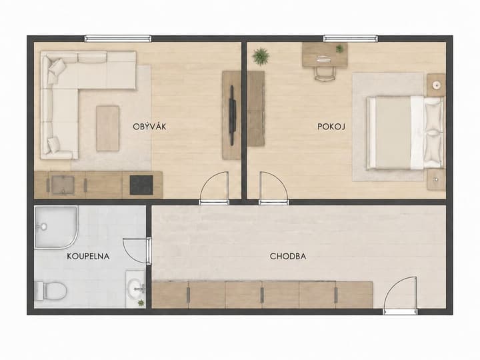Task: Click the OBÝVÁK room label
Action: coord(149,127)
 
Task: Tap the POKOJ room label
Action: coord(331,127)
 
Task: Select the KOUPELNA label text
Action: coord(88,256)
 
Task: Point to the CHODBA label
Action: coord(288,256)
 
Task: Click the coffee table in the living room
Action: coord(107,129)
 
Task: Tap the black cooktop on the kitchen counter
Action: coord(141,185)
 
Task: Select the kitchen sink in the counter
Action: coord(63,185)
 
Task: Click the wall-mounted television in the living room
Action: coord(232,115)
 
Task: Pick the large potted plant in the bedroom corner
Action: coord(261,56)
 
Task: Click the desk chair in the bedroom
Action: coord(325,72)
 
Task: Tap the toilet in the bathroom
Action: coord(51,291)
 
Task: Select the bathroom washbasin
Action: coord(135,288)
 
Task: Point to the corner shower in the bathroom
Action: coord(56,227)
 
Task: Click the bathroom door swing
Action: coord(137,251)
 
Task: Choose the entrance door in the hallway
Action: coord(400,295)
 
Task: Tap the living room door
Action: coord(214,187)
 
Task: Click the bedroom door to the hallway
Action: coord(273,187)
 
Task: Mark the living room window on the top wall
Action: coord(118,39)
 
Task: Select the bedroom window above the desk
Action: coord(351,39)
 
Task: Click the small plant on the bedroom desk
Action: coord(339,49)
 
